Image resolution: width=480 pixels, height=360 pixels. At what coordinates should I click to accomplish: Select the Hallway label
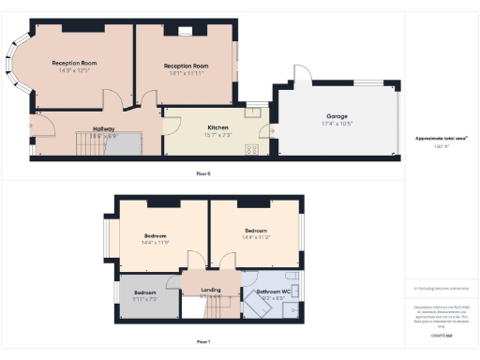(x=103, y=129)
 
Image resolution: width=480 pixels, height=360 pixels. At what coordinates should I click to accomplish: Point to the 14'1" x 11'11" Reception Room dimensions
(x=186, y=72)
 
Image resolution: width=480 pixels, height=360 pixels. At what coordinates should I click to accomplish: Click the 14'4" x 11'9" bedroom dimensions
(x=156, y=243)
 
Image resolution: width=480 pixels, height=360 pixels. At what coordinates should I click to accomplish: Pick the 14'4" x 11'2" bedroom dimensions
(x=256, y=237)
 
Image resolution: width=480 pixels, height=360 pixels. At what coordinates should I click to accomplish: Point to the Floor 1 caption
(x=203, y=341)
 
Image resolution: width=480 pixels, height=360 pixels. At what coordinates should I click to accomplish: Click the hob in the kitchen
(x=251, y=148)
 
